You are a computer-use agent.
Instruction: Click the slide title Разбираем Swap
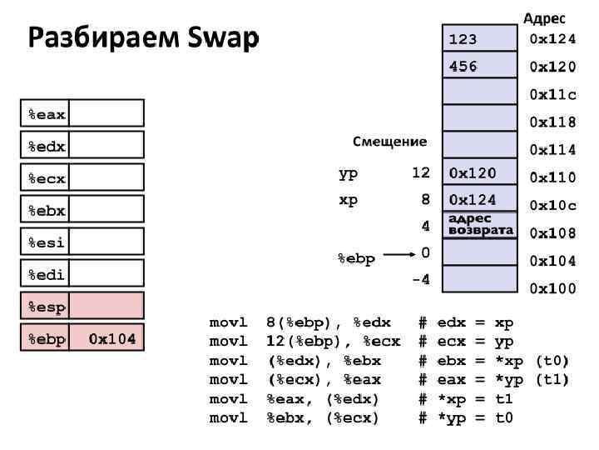(x=143, y=37)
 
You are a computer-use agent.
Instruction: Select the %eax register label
(x=47, y=114)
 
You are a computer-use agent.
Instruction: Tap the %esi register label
(x=47, y=242)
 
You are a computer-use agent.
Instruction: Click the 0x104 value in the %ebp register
(x=113, y=339)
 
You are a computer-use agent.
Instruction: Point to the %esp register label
(x=47, y=307)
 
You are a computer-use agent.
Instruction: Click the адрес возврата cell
(x=480, y=225)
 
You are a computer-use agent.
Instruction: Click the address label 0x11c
(x=552, y=95)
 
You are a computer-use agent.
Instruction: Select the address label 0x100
(x=552, y=288)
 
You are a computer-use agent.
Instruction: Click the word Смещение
(x=389, y=142)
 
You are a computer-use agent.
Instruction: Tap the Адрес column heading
(x=544, y=17)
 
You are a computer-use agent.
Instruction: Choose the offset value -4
(x=421, y=279)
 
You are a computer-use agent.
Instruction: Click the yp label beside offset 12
(x=348, y=173)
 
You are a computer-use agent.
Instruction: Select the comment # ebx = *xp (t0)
(x=493, y=361)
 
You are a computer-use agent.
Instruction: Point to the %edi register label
(x=47, y=274)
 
